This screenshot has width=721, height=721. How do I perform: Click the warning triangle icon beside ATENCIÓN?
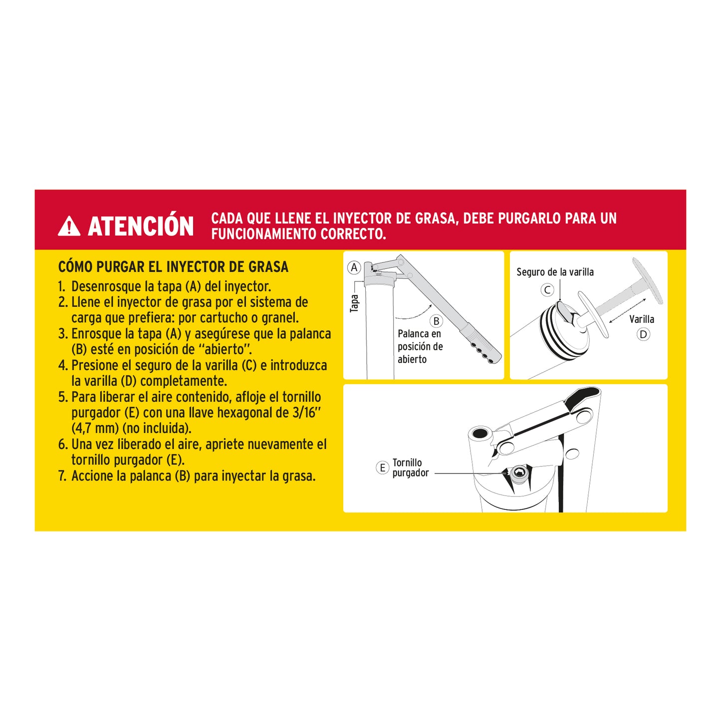pyautogui.click(x=69, y=227)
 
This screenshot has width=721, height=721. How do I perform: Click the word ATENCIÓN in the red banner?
pyautogui.click(x=141, y=227)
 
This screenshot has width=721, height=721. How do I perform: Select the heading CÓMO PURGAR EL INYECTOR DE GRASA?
pyautogui.click(x=173, y=267)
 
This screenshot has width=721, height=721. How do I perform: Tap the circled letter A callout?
pyautogui.click(x=354, y=267)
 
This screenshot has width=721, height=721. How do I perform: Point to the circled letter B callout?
pyautogui.click(x=436, y=321)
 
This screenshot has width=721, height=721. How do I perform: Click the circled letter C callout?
pyautogui.click(x=547, y=290)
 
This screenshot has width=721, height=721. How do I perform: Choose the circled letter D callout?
pyautogui.click(x=643, y=334)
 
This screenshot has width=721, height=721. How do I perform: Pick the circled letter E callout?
pyautogui.click(x=382, y=468)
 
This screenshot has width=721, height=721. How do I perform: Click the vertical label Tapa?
pyautogui.click(x=354, y=303)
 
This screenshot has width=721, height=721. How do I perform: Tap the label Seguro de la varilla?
pyautogui.click(x=555, y=272)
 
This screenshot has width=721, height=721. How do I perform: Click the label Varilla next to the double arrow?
pyautogui.click(x=641, y=319)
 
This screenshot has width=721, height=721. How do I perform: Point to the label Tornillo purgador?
pyautogui.click(x=410, y=468)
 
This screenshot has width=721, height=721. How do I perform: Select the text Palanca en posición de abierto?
pyautogui.click(x=420, y=346)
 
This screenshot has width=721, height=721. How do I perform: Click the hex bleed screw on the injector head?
pyautogui.click(x=519, y=473)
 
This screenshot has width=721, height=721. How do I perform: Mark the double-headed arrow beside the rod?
pyautogui.click(x=627, y=310)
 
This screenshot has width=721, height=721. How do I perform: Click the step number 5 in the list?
pyautogui.click(x=62, y=397)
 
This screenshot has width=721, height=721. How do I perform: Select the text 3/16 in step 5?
pyautogui.click(x=306, y=413)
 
